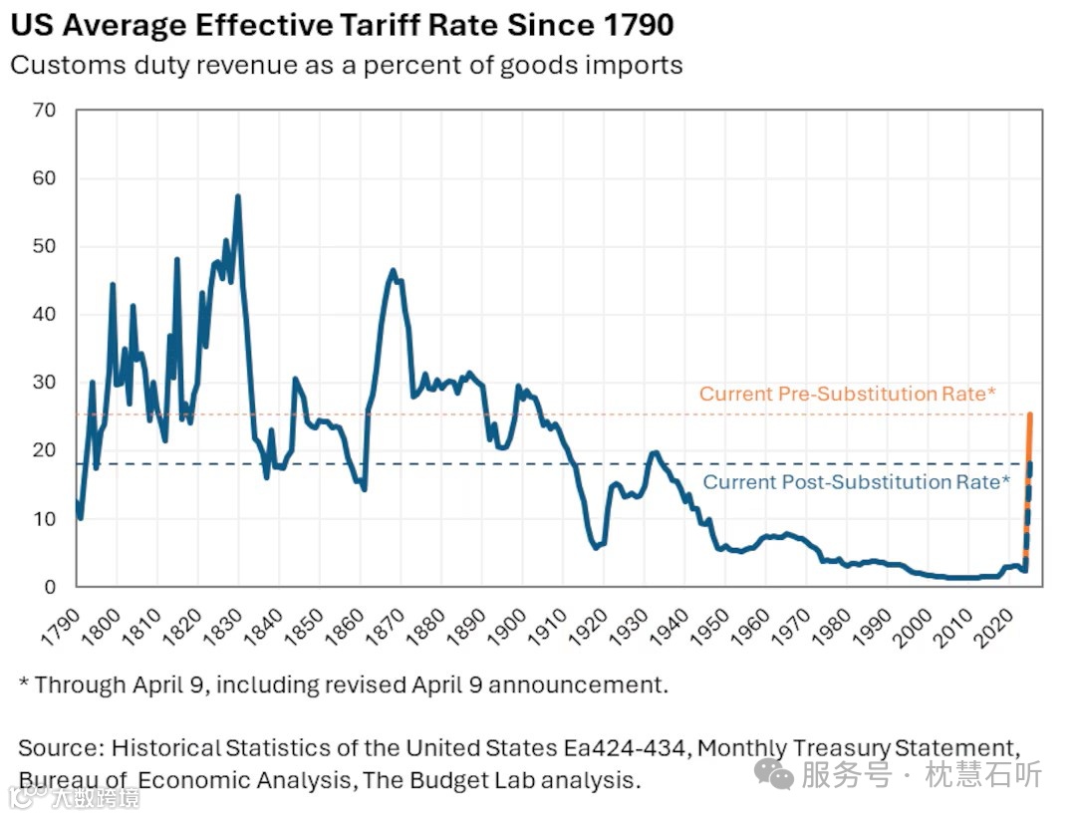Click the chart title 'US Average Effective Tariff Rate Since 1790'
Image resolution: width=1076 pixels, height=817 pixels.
[342, 25]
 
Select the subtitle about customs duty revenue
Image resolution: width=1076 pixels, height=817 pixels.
[347, 66]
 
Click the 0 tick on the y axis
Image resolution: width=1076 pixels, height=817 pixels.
[49, 587]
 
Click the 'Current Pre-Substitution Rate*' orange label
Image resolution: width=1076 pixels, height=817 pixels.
[847, 394]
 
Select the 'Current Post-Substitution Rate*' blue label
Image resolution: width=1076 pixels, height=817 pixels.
[856, 482]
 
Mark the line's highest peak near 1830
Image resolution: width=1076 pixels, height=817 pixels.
[238, 196]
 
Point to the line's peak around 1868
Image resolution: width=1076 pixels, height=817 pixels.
[393, 270]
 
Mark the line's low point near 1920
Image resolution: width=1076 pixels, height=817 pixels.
[596, 547]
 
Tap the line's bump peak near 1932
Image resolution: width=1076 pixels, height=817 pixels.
[654, 453]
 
